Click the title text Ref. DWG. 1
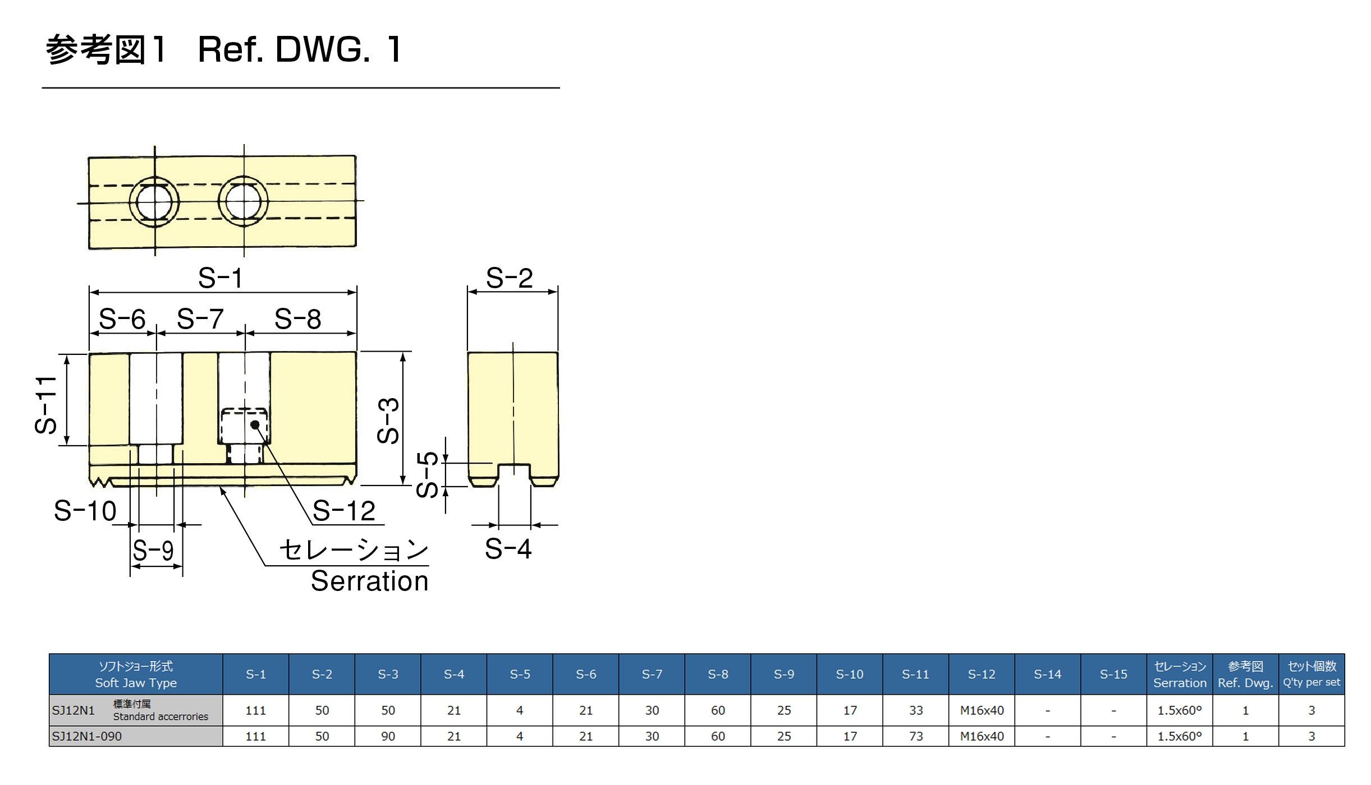300,49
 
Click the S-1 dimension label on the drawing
221,278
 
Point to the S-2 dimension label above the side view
509,278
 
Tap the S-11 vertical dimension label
46,405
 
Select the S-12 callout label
343,511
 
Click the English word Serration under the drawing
369,581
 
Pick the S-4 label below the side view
508,548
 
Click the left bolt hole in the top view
154,202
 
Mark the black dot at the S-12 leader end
255,424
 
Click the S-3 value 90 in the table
388,736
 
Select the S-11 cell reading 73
916,736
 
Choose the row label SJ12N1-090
87,736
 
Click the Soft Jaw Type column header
136,675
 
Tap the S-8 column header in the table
718,675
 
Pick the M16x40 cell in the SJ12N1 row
982,710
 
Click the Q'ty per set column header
1312,675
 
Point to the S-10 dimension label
85,511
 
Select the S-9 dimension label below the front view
153,550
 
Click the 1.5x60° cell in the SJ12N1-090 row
1180,736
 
